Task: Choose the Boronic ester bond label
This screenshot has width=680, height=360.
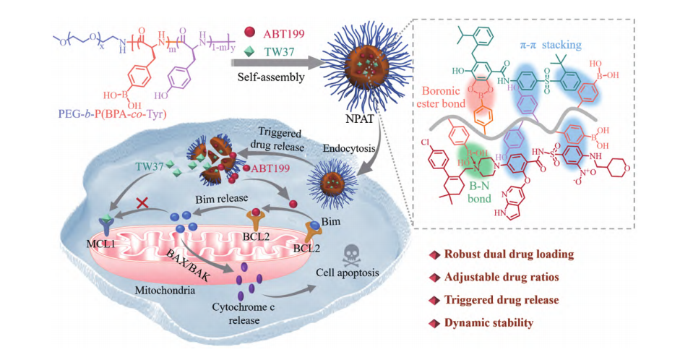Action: point(447,97)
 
